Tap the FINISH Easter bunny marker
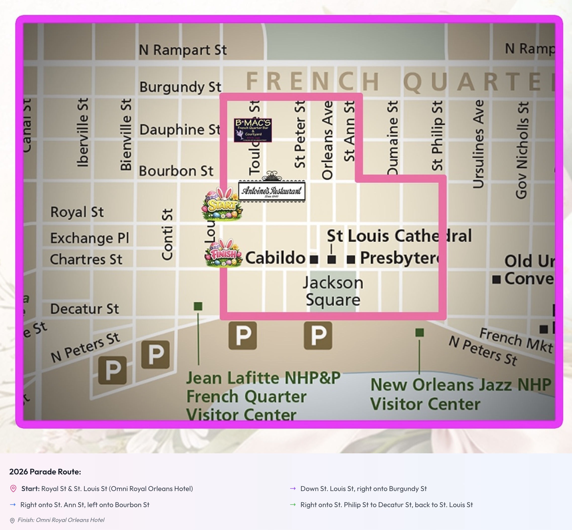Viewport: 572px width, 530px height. pos(224,253)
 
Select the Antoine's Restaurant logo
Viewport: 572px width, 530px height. pos(272,190)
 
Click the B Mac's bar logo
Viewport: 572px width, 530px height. pos(253,130)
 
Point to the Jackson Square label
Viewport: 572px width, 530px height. pos(333,291)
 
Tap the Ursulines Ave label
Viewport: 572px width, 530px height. pos(478,144)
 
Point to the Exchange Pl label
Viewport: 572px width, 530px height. pos(90,238)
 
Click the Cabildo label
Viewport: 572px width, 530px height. pos(275,257)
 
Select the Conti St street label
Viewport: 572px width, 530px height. pos(167,235)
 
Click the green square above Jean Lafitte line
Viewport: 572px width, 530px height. pos(198,306)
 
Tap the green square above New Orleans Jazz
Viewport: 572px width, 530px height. pos(419,332)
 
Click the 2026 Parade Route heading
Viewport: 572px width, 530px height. pos(45,472)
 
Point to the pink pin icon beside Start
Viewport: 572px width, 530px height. pos(13,489)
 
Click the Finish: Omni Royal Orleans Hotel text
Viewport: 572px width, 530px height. pos(61,520)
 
